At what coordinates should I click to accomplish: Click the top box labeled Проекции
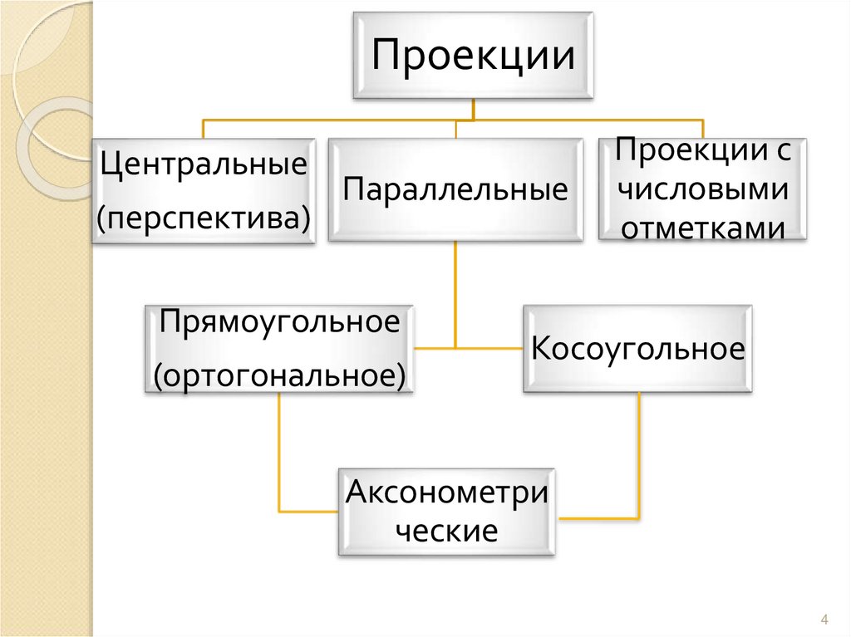coord(473,56)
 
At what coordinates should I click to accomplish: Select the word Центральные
coord(204,163)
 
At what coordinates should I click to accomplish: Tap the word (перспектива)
coord(204,218)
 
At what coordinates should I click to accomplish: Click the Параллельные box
coord(455,190)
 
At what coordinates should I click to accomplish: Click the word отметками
coord(703,228)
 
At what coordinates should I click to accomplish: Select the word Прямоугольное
coord(281,321)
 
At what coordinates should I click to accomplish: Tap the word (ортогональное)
coord(281,375)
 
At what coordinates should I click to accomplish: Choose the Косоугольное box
coord(637,348)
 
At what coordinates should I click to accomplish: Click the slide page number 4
coord(824,620)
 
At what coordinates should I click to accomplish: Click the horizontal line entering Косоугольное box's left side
coord(490,347)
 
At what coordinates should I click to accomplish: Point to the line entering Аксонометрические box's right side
coord(598,518)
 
